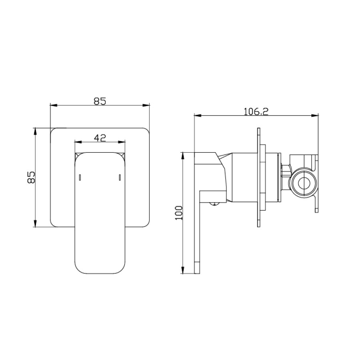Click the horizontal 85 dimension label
click(100, 101)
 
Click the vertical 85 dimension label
click(31, 177)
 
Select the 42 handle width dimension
click(100, 138)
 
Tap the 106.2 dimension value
click(256, 111)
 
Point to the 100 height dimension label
click(179, 213)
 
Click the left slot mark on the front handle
click(80, 178)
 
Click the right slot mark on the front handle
click(120, 178)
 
